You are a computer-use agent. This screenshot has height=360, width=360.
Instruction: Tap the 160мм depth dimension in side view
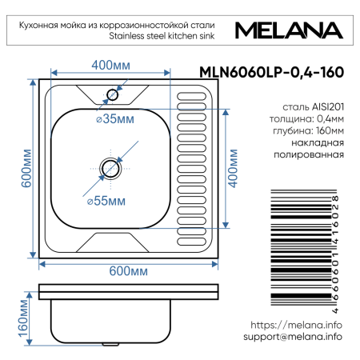coord(24,318)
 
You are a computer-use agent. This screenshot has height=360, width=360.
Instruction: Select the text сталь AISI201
coord(313,106)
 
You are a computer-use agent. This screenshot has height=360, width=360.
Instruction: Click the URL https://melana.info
coord(297,326)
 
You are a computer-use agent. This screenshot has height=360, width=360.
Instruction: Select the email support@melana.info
coord(293,338)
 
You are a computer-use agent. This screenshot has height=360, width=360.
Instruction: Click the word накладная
coord(319,143)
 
